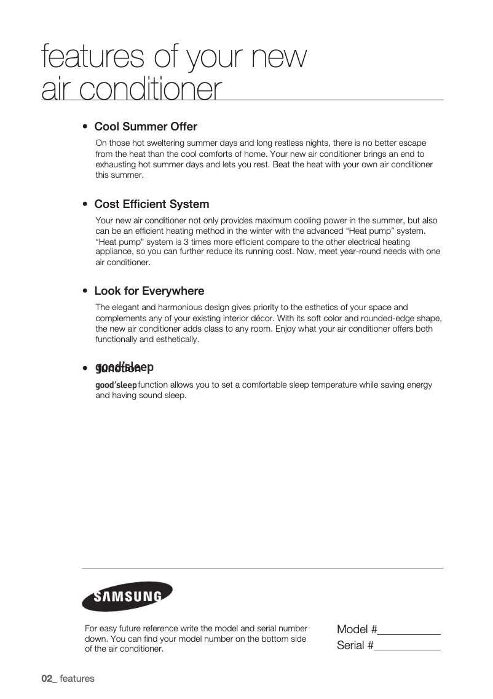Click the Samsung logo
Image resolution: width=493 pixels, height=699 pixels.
tap(127, 596)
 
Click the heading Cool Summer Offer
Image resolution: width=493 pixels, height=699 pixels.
tap(145, 127)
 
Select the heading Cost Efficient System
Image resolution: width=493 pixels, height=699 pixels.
tap(151, 204)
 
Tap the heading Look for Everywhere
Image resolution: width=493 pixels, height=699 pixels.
tap(149, 291)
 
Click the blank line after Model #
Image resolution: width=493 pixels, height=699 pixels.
tap(409, 631)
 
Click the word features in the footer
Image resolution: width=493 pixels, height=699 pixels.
tap(77, 679)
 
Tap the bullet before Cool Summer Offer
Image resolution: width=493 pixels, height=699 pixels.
tap(85, 127)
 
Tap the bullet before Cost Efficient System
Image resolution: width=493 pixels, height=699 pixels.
tap(85, 205)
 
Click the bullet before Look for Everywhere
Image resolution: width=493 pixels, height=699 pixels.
tap(85, 292)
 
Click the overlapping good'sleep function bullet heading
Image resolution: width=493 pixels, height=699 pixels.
tap(123, 368)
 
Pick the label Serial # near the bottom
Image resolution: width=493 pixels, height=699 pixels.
tap(355, 645)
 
